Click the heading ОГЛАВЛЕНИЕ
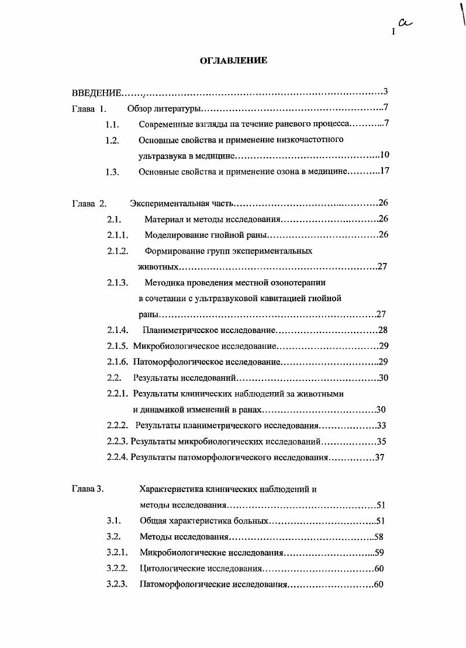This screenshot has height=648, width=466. pos(234,60)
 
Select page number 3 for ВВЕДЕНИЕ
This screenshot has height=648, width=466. pos(386,92)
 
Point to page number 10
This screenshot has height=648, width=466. pos(385,155)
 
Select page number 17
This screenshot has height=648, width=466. pos(385,172)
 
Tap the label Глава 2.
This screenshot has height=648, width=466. pos(89,204)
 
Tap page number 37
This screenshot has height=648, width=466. pos(380,458)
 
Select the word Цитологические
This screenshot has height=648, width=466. pos(170,569)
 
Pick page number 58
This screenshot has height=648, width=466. pos(378,537)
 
